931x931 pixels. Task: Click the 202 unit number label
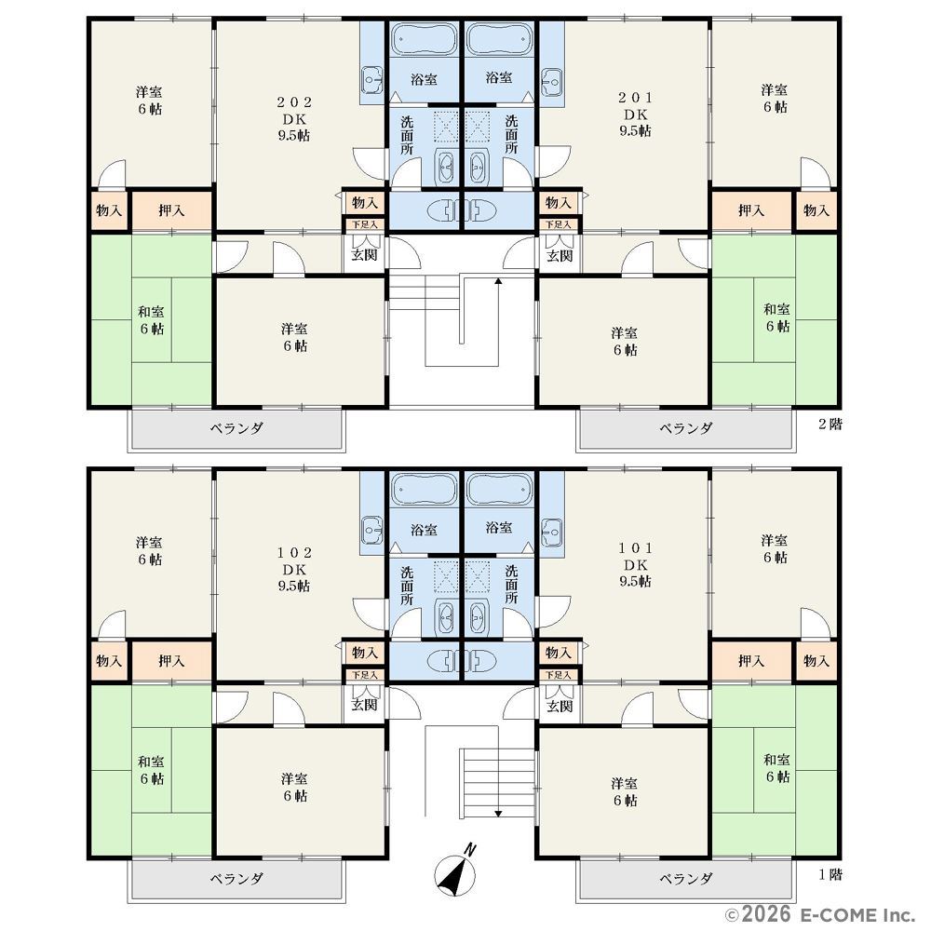pos(294,102)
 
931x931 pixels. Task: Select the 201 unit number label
pos(635,98)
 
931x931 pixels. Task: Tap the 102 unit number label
pos(294,552)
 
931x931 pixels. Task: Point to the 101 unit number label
pos(635,547)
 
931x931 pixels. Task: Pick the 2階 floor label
pos(830,424)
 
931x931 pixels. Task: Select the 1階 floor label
pos(830,874)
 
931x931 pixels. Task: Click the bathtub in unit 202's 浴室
pos(424,40)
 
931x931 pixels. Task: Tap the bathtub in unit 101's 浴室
pos(499,491)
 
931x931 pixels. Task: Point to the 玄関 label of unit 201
pos(560,255)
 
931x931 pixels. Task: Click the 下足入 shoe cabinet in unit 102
pos(365,675)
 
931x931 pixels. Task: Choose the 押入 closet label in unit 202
pos(171,210)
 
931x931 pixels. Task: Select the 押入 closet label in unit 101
pos(751,660)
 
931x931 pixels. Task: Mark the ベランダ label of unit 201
pos(686,428)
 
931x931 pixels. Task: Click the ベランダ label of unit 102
pos(236,878)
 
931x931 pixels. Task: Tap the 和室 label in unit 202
pos(151,311)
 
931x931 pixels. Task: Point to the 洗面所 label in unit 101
pos(511,585)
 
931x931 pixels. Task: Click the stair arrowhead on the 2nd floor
pos(498,281)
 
